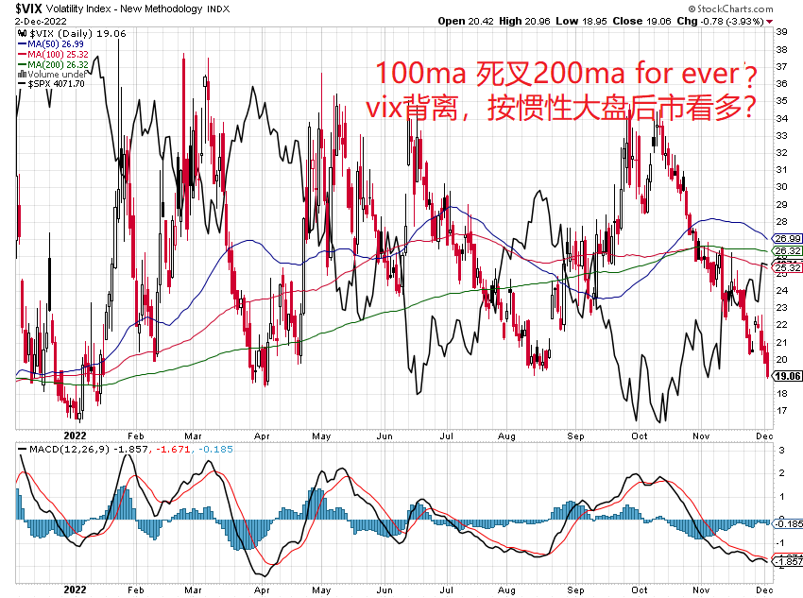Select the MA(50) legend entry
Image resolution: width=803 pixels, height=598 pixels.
[48, 43]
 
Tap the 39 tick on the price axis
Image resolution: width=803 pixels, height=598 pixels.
[780, 32]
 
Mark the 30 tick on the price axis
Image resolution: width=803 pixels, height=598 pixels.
[780, 187]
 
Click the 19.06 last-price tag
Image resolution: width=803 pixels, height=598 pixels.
[789, 375]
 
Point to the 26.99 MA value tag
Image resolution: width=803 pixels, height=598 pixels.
[789, 238]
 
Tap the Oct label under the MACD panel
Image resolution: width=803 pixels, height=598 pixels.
[640, 587]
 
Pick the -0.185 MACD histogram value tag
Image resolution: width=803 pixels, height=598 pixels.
[790, 522]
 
